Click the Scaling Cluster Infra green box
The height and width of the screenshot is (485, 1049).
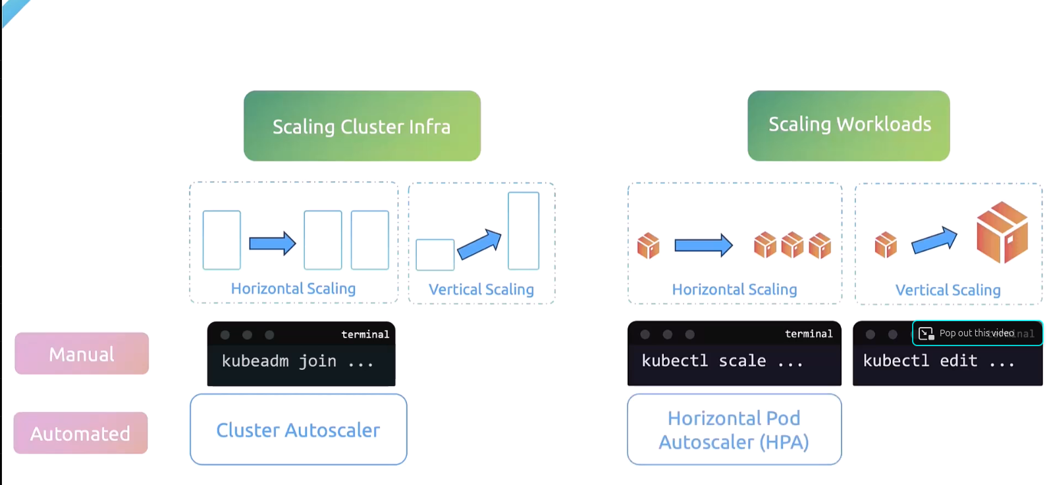362,126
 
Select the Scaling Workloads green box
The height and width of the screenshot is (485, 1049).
848,125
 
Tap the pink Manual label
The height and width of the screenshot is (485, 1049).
82,353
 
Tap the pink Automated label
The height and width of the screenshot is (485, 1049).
80,433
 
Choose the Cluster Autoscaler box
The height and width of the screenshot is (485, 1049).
298,430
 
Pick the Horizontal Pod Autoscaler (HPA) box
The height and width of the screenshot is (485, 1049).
734,430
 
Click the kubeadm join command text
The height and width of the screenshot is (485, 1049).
297,361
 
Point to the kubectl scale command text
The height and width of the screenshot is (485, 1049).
722,361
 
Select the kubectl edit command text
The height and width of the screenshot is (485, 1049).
938,361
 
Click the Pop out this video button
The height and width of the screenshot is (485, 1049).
977,333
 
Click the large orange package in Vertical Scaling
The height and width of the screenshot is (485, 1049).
1002,232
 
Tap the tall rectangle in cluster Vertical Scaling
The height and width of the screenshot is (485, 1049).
524,230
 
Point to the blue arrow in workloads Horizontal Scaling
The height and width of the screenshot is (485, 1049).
703,245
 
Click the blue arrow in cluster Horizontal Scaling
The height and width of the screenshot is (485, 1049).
272,243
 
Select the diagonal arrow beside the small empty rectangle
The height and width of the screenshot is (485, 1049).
479,244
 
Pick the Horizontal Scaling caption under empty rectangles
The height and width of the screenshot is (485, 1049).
293,288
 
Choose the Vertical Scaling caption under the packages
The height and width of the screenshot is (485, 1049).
948,290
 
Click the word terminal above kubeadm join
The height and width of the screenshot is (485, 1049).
365,334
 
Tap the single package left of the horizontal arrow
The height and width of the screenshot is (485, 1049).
648,245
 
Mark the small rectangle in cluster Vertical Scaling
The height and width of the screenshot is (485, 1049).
435,255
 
